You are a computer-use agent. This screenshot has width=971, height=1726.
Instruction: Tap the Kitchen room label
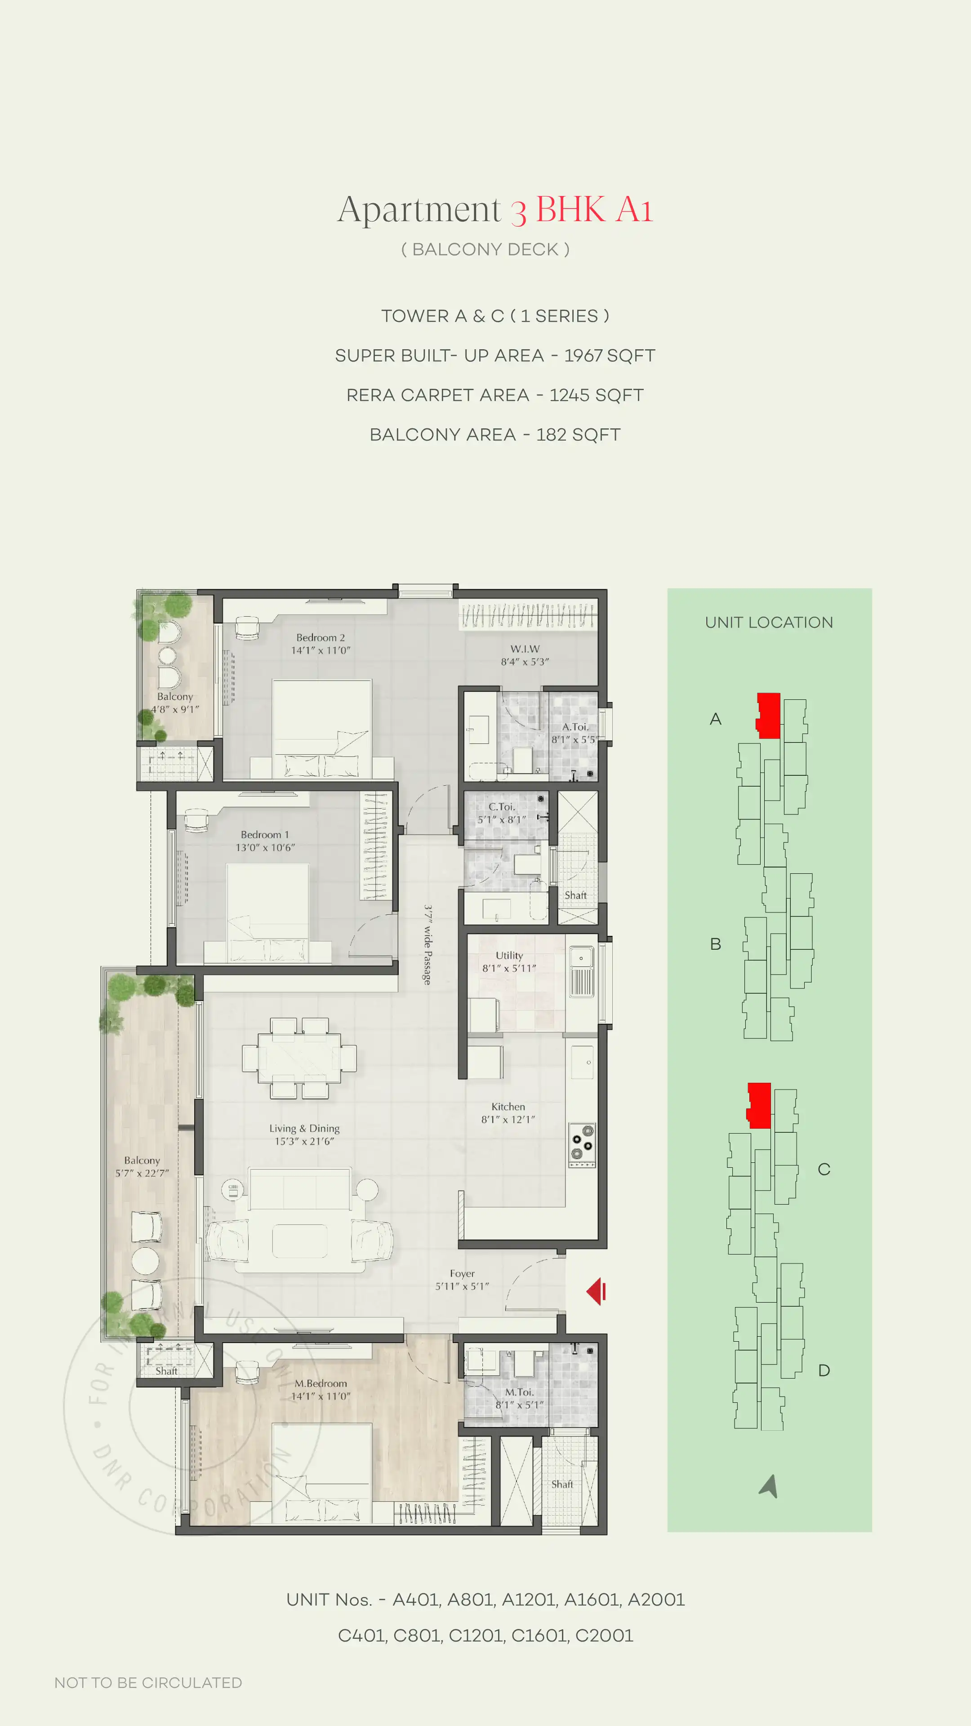508,1113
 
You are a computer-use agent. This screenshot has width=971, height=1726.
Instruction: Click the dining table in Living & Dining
299,1058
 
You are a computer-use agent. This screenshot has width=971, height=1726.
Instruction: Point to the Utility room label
509,961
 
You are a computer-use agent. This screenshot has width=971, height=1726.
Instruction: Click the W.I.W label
525,654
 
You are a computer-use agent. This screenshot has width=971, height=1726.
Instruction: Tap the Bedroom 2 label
321,643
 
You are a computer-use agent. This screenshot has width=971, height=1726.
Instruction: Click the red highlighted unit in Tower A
769,716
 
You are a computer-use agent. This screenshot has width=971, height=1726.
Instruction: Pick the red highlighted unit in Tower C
759,1105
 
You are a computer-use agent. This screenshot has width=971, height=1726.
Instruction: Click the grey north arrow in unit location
769,1486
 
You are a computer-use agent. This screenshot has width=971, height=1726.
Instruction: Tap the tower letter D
824,1370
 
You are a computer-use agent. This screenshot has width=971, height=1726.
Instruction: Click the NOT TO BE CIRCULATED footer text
148,1682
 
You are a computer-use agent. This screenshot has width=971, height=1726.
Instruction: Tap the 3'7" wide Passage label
428,945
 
